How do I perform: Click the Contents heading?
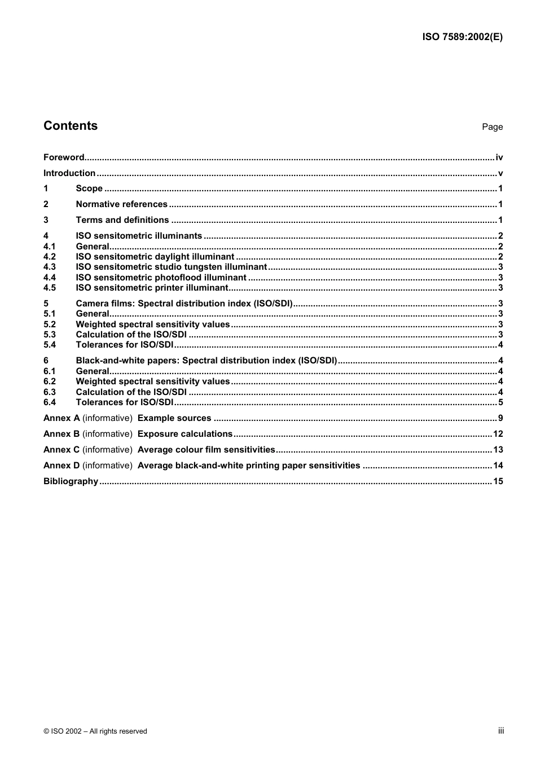[x=71, y=126]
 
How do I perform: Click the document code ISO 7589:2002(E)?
[x=462, y=37]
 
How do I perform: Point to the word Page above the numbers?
[x=492, y=127]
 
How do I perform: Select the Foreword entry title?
[x=64, y=157]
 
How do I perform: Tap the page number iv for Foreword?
[x=499, y=157]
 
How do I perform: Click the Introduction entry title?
[x=69, y=173]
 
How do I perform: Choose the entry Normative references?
[x=121, y=204]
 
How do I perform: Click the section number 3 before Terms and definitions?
[x=46, y=220]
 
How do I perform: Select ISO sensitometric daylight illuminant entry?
[x=155, y=257]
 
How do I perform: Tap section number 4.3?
[x=50, y=267]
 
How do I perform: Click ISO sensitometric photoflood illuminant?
[x=161, y=278]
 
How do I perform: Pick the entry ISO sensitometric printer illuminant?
[x=152, y=288]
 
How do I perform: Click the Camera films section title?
[x=184, y=304]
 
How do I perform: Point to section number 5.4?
[x=50, y=345]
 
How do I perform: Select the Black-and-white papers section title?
[x=206, y=361]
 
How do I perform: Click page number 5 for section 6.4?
[x=500, y=402]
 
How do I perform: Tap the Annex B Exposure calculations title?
[x=184, y=434]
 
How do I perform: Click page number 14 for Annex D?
[x=498, y=466]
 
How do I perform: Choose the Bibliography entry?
[x=71, y=481]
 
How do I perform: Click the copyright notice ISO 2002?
[x=95, y=731]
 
